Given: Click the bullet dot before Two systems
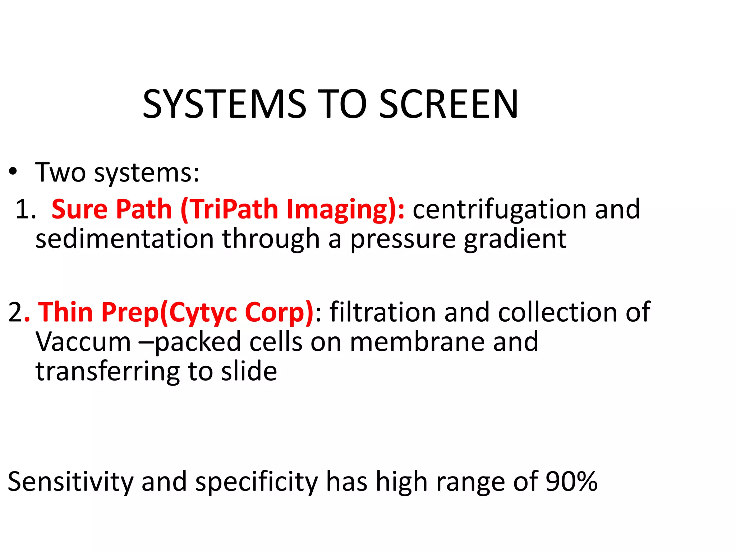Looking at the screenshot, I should coord(13,172).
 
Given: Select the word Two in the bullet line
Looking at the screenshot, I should coord(60,172).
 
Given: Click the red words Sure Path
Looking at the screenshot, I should coord(112,209).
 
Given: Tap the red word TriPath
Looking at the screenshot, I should coord(234,209).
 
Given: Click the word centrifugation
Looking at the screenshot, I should coord(499,209).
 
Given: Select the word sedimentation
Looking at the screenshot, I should coord(124,239).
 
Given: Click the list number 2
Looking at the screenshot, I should coord(15,312).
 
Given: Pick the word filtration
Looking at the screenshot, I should coord(383,312).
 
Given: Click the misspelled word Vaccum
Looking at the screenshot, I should coord(83,342).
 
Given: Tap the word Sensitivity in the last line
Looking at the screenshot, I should coord(70,482).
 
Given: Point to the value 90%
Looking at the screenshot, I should coord(571,482).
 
